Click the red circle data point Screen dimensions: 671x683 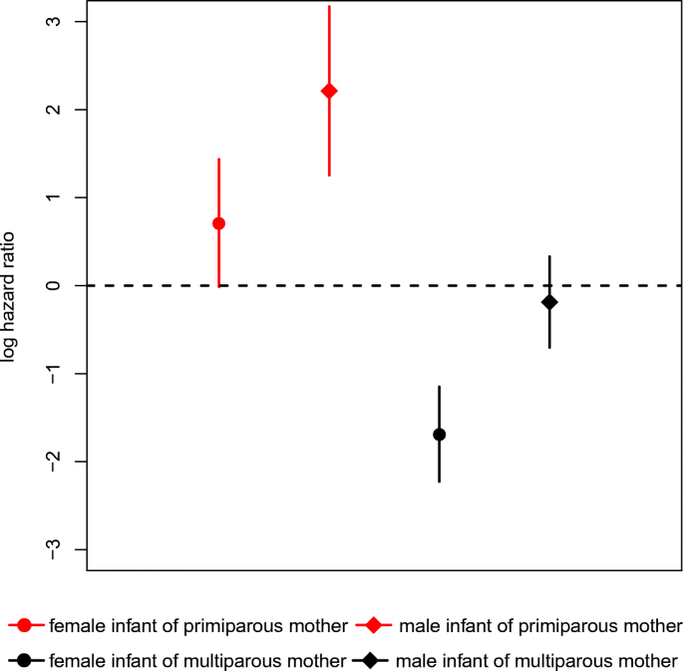click(218, 223)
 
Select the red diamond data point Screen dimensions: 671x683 click(329, 91)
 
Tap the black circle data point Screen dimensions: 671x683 click(439, 435)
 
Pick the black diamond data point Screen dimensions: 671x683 click(549, 302)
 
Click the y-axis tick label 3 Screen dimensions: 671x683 click(53, 21)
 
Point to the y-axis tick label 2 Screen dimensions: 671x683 click(53, 109)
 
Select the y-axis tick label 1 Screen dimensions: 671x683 click(53, 197)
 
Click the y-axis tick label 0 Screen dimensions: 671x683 click(53, 285)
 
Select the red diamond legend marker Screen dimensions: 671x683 click(373, 626)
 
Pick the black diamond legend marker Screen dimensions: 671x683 click(370, 660)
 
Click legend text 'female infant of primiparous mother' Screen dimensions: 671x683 click(197, 626)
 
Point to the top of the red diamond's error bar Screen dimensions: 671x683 click(329, 6)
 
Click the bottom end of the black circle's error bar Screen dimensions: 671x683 click(439, 482)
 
